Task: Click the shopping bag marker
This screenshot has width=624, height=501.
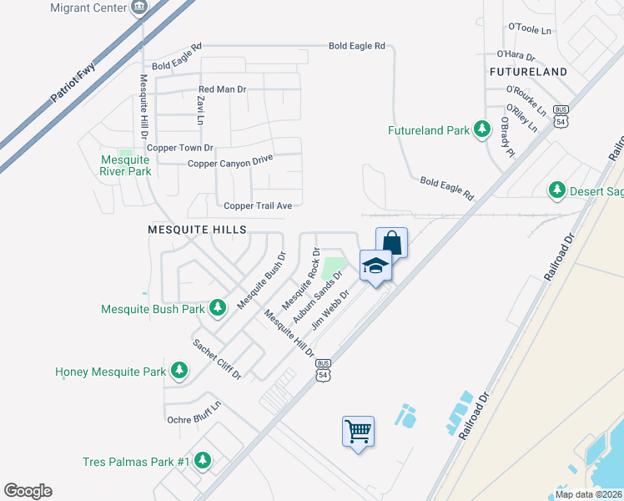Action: pos(391,243)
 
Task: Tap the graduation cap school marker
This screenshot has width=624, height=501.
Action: pos(375,267)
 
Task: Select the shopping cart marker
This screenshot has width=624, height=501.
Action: pos(358,432)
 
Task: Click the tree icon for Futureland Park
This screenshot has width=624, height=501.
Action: pos(481,129)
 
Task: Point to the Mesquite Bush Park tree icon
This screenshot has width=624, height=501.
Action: pos(218,308)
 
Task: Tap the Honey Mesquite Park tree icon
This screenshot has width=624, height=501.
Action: pos(179,370)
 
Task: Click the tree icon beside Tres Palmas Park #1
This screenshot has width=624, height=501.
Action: pos(202,460)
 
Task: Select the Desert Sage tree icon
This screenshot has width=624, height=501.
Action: pos(557,190)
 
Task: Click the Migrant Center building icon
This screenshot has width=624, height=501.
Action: pos(139,8)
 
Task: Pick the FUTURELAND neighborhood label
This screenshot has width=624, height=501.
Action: pos(528,72)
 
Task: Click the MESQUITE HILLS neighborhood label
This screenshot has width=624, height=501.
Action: pos(197,228)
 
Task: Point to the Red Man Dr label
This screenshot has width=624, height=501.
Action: pos(222,89)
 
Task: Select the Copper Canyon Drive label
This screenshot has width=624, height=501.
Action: pos(230,161)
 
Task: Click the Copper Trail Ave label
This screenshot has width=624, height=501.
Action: pos(258,205)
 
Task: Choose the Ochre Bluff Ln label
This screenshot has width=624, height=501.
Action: pos(194,412)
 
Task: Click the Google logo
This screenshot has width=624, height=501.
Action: pos(28,491)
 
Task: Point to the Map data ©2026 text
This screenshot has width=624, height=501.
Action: pos(589,494)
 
